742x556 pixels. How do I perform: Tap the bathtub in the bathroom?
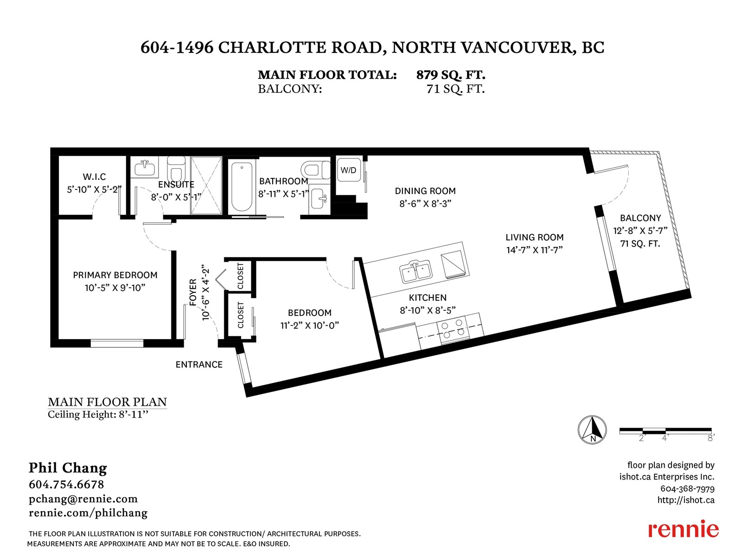coord(242,187)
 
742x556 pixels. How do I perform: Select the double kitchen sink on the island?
coord(416,272)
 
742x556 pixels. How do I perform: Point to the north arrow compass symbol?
coord(592,430)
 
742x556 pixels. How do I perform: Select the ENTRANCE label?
coord(199,365)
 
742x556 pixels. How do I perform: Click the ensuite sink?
coord(145,167)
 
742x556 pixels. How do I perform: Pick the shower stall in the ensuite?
coord(206,185)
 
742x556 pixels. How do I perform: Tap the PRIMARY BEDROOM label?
coord(115,275)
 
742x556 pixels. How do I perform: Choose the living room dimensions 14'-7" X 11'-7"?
coord(534,250)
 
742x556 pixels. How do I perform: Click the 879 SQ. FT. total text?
coord(451,75)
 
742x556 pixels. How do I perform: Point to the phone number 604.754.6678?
coord(66,485)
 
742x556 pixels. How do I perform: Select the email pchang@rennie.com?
coord(83,499)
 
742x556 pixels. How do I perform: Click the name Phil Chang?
coord(68,468)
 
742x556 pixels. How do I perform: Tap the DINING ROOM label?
coord(425,191)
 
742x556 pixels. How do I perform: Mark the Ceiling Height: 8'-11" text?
coord(98,414)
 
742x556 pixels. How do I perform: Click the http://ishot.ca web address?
coord(686,500)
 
